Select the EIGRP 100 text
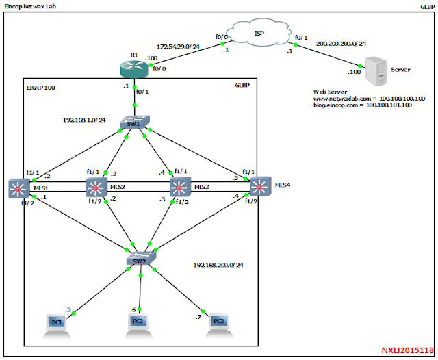[x=40, y=88]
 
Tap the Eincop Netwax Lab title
[x=31, y=5]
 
